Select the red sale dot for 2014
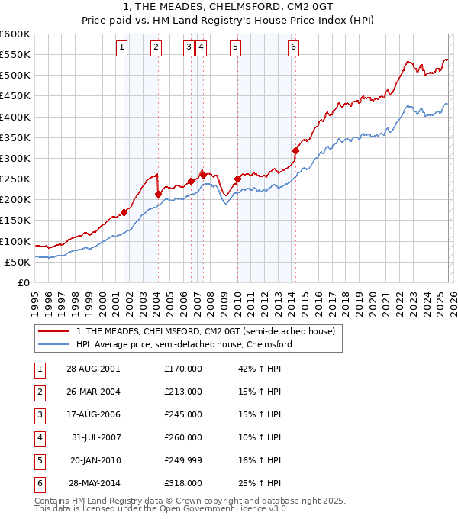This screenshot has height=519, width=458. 295,150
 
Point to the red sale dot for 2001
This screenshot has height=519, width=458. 124,212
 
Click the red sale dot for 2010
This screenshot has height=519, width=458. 237,179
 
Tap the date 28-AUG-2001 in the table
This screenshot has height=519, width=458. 93,369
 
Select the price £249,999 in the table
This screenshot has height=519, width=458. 182,460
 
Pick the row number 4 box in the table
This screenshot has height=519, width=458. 39,437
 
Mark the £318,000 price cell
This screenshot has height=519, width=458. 182,483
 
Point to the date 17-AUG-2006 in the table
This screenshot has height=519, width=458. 93,414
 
